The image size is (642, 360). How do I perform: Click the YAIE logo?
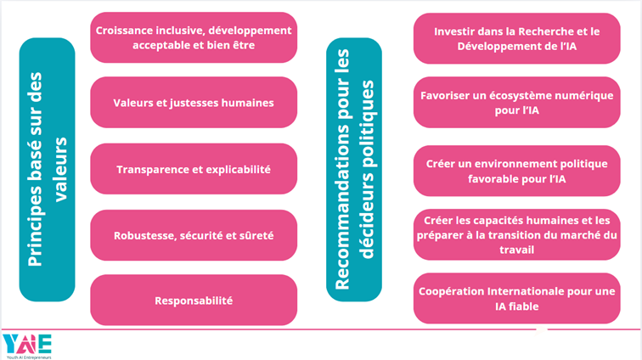[x=27, y=343]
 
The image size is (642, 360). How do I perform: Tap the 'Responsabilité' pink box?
[x=194, y=300]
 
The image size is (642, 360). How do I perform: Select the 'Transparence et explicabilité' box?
[x=194, y=169]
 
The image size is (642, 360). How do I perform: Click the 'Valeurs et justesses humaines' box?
[x=194, y=103]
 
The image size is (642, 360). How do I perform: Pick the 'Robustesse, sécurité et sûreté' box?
[x=194, y=234]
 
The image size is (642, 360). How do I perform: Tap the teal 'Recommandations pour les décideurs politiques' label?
[x=354, y=169]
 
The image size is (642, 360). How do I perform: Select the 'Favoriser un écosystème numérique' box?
[x=516, y=103]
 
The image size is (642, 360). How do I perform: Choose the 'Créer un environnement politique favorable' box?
[x=516, y=169]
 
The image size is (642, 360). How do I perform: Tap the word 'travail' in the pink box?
[x=516, y=250]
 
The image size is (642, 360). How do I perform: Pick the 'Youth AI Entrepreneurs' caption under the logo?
[x=27, y=357]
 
